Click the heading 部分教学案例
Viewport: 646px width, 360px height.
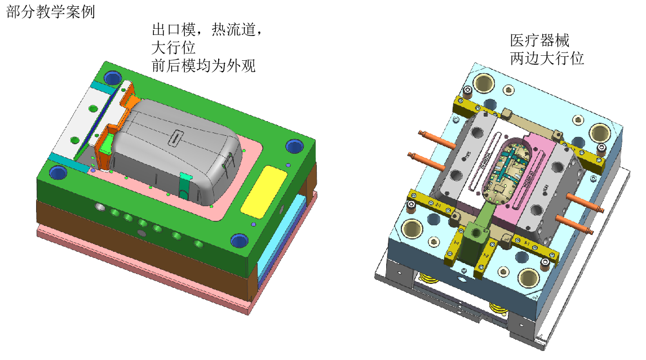pos(51,11)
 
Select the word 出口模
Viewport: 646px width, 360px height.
pos(174,30)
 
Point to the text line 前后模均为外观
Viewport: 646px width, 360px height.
pos(203,66)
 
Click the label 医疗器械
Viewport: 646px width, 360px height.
pos(539,41)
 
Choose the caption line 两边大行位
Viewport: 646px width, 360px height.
pos(547,59)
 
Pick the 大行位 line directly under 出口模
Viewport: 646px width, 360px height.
pos(174,48)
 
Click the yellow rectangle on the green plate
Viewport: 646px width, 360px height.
pos(264,192)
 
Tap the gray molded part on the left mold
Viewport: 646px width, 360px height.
pos(177,150)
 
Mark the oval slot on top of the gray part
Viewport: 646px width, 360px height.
pos(176,137)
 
